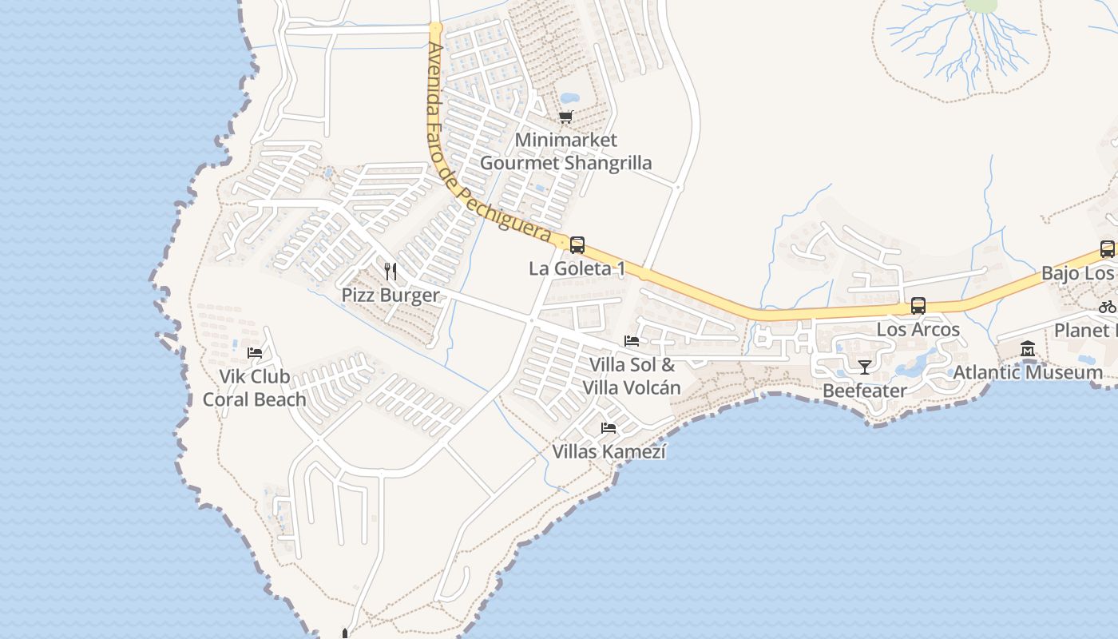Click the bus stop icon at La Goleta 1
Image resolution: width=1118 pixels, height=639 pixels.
(x=577, y=245)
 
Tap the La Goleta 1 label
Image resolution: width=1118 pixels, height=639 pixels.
(x=577, y=268)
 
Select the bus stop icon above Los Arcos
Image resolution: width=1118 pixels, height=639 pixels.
(x=918, y=306)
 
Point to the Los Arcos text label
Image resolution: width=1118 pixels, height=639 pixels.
(x=918, y=329)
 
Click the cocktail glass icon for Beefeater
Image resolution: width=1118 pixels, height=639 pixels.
(x=864, y=367)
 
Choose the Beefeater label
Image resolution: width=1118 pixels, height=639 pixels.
(x=864, y=391)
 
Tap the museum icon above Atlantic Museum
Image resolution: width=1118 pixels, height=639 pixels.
(x=1028, y=349)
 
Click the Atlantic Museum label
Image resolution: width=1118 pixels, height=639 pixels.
(x=1028, y=372)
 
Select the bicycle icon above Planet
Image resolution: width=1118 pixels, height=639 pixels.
(x=1107, y=307)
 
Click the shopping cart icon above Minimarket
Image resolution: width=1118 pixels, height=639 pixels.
(x=566, y=117)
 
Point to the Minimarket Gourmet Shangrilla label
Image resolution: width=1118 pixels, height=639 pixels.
(x=565, y=152)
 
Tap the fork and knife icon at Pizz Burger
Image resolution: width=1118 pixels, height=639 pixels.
(x=391, y=272)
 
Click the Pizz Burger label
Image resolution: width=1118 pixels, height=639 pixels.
(x=391, y=295)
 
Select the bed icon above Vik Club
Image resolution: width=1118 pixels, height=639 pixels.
(x=255, y=352)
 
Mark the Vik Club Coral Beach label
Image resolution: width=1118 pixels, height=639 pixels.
(x=254, y=387)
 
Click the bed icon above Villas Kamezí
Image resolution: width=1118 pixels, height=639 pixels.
(x=609, y=428)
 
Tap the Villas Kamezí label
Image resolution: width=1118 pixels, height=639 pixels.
(x=609, y=451)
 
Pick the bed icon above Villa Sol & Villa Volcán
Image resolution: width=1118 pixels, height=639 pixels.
(x=632, y=341)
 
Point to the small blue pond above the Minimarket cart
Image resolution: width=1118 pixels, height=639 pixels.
(x=569, y=98)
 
